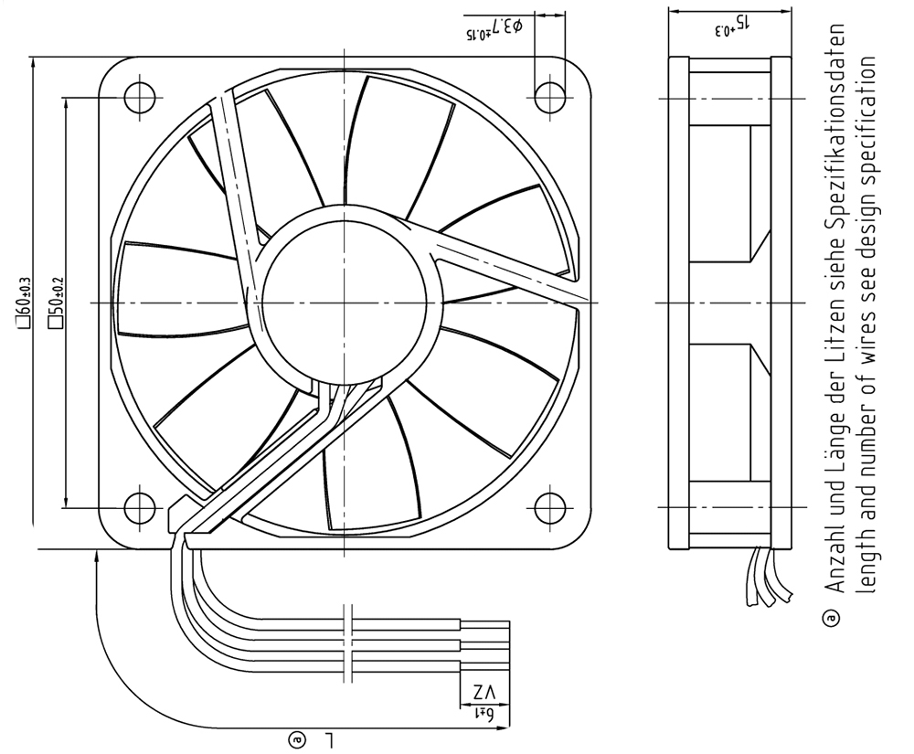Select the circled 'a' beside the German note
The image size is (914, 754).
pos(832,619)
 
